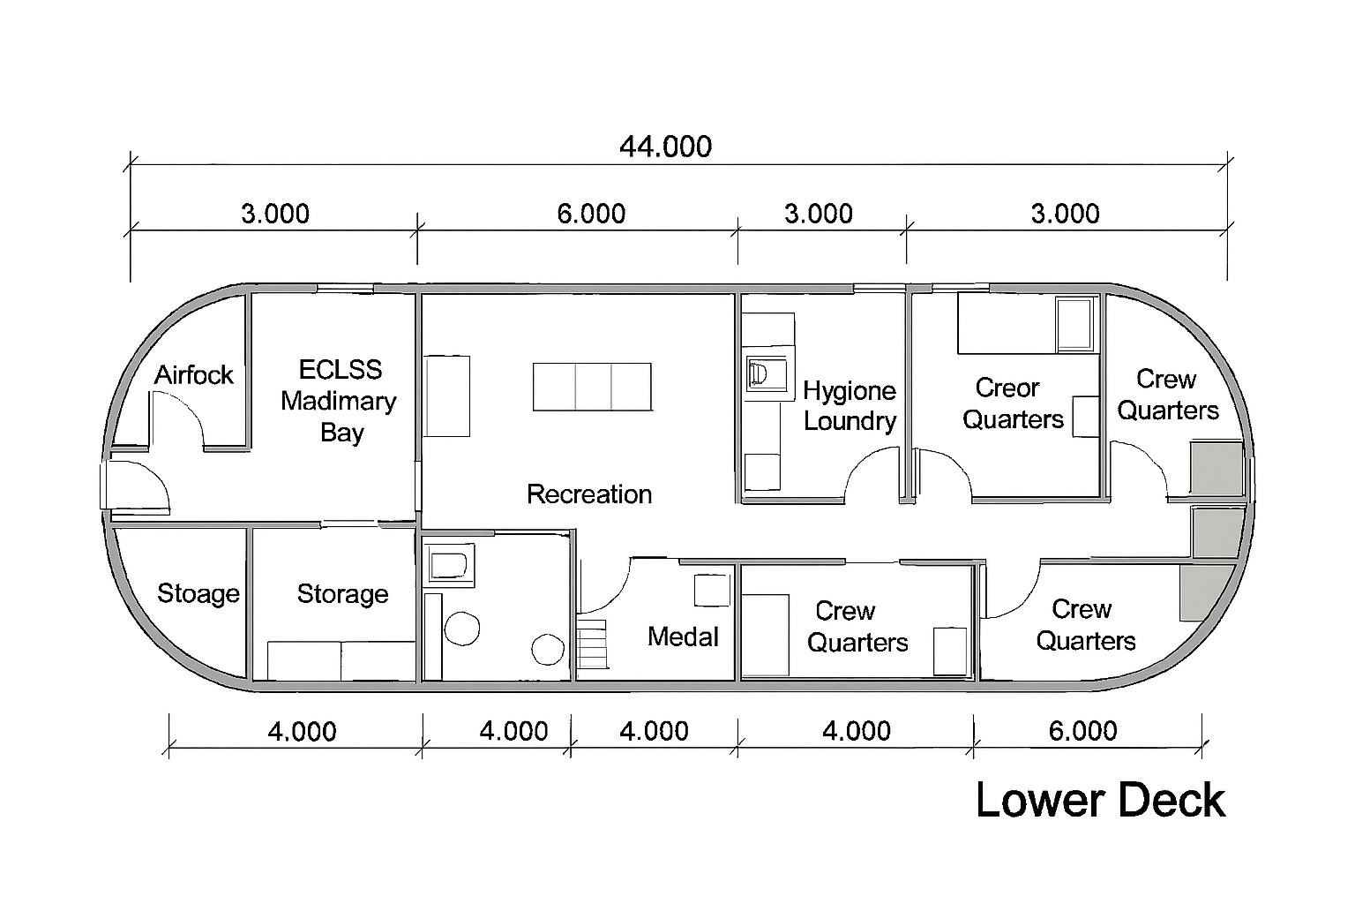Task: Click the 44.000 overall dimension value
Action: click(665, 147)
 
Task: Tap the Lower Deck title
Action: click(1100, 801)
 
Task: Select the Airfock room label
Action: click(193, 375)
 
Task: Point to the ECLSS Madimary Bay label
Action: click(340, 401)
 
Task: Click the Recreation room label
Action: click(589, 494)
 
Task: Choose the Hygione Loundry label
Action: click(850, 406)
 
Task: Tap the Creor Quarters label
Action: click(1013, 403)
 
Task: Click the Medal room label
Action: click(683, 637)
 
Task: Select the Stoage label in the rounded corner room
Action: click(198, 594)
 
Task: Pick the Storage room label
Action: click(342, 594)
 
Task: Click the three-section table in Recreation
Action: click(592, 387)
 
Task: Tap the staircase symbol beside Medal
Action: click(592, 644)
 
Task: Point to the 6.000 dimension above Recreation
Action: click(591, 214)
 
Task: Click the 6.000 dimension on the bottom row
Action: click(1082, 731)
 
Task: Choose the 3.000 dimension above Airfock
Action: click(275, 214)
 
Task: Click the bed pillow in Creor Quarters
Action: click(1075, 324)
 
